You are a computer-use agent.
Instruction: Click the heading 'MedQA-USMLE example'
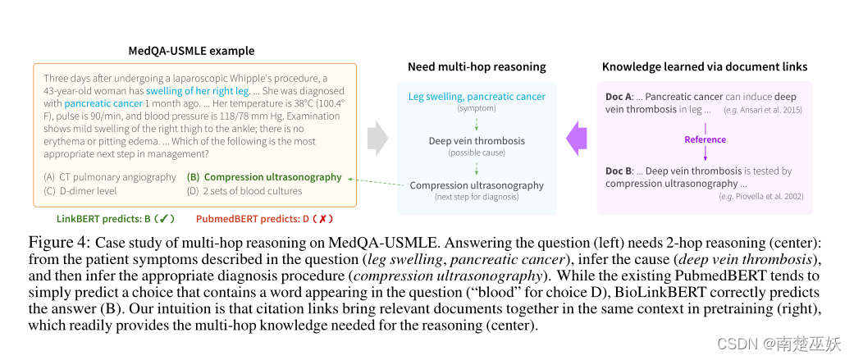191,50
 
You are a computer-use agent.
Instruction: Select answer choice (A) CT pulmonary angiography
110,177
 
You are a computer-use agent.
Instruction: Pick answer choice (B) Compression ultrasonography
264,177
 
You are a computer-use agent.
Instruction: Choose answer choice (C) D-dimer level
80,191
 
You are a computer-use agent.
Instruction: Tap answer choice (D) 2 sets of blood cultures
244,191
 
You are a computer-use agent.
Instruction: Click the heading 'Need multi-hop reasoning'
477,66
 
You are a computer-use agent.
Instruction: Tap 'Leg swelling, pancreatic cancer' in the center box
477,97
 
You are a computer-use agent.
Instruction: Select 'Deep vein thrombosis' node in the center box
477,141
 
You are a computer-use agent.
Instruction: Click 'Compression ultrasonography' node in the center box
477,185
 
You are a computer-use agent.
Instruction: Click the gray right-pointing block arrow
377,138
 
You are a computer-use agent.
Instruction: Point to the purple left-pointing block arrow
577,138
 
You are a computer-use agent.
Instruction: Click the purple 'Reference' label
706,139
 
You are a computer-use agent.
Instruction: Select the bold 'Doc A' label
619,97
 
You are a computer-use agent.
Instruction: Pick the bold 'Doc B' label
619,171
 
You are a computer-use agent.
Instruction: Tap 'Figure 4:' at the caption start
59,243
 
